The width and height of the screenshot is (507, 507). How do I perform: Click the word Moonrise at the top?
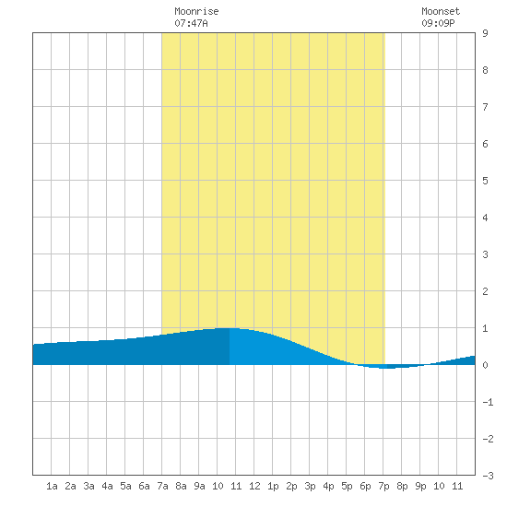(196, 11)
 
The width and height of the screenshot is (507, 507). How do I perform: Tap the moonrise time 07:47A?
(191, 23)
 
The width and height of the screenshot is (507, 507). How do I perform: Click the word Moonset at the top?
(441, 11)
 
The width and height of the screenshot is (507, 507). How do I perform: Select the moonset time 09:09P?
(438, 23)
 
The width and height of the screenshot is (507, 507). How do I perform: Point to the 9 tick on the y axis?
(485, 33)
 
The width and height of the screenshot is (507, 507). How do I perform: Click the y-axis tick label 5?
(485, 181)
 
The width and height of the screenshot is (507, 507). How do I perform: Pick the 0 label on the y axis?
(485, 365)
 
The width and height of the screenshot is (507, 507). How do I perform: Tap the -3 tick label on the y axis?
(488, 476)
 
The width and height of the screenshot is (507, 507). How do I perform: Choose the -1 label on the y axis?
(488, 402)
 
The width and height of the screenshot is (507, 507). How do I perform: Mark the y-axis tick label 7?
(485, 107)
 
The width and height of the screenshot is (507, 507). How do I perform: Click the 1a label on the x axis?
(52, 486)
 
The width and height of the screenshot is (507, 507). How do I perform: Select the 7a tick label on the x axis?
(162, 486)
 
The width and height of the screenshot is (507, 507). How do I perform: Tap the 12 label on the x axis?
(254, 486)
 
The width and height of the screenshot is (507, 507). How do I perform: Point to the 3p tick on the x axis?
(310, 486)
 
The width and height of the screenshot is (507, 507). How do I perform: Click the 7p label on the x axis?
(383, 486)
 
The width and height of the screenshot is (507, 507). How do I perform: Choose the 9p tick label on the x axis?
(420, 486)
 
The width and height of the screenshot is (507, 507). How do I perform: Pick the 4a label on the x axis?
(107, 486)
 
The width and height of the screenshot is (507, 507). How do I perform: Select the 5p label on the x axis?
(347, 486)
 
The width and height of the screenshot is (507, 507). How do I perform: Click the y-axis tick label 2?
(485, 291)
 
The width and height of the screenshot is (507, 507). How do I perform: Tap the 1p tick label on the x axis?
(273, 486)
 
